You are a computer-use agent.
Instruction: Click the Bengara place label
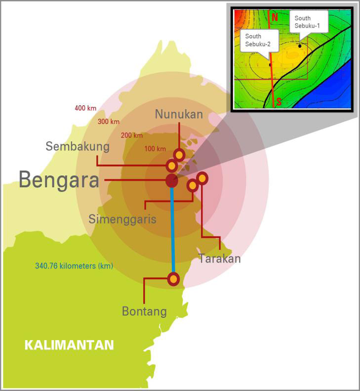(x=59, y=180)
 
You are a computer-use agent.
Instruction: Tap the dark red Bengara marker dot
(x=171, y=180)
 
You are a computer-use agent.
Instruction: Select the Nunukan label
(x=179, y=114)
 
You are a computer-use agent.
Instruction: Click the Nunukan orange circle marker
(x=179, y=155)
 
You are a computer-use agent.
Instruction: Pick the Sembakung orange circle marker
(x=172, y=166)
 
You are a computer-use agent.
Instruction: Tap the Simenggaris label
(x=122, y=219)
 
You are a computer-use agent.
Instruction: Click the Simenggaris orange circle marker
(x=193, y=185)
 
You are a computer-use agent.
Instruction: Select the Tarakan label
(x=219, y=258)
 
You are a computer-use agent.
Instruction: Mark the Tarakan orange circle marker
(x=202, y=178)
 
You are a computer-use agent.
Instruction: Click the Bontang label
(x=144, y=311)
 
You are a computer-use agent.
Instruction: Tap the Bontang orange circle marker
(x=173, y=279)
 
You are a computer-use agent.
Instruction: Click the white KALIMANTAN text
(x=69, y=345)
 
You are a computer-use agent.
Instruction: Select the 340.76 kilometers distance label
(x=74, y=266)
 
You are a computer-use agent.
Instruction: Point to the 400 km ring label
(x=85, y=108)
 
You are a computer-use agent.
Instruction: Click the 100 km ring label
(x=155, y=149)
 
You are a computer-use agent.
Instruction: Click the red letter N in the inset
(x=275, y=16)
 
